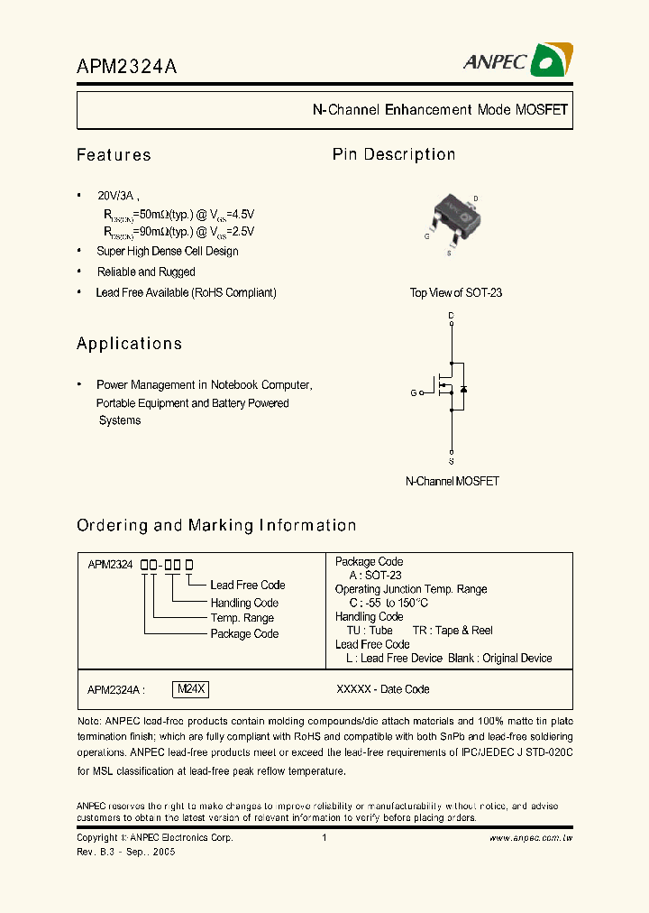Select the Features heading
(x=114, y=155)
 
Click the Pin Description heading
(x=394, y=154)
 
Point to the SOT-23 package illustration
(x=453, y=220)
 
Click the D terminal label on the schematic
(x=452, y=315)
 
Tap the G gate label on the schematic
(x=414, y=392)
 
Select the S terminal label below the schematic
(x=452, y=460)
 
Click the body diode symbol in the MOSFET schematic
(x=464, y=389)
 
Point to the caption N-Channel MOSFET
(x=452, y=481)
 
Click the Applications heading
(x=129, y=344)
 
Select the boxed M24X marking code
(x=191, y=689)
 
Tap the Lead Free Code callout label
(x=248, y=585)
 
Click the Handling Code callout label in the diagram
(x=244, y=603)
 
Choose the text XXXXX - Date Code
(x=382, y=689)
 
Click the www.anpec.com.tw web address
(x=531, y=838)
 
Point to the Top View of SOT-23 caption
(x=455, y=292)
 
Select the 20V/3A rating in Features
(x=117, y=196)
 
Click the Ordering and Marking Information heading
(x=216, y=525)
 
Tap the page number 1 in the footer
(x=324, y=838)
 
